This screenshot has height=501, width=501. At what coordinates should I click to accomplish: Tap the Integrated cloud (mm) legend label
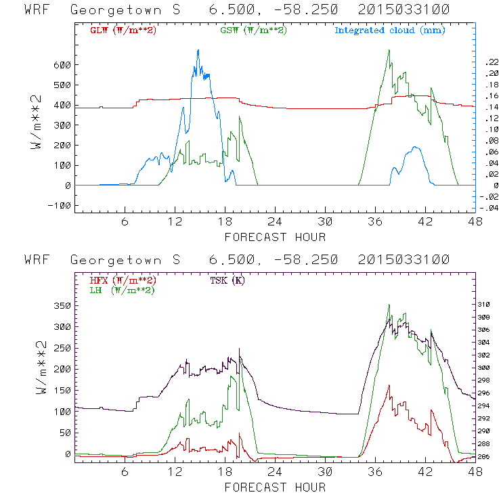[x=390, y=30]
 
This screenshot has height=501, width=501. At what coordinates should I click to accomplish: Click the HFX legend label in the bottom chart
[x=123, y=280]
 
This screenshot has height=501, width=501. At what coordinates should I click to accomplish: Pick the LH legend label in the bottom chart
[x=122, y=290]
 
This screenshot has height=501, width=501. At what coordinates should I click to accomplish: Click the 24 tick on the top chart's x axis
[x=275, y=222]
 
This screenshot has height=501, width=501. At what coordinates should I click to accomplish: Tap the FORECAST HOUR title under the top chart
[x=275, y=237]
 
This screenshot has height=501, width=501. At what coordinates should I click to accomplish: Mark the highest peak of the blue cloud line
[x=198, y=50]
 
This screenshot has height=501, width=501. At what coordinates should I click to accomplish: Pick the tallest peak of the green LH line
[x=389, y=305]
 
